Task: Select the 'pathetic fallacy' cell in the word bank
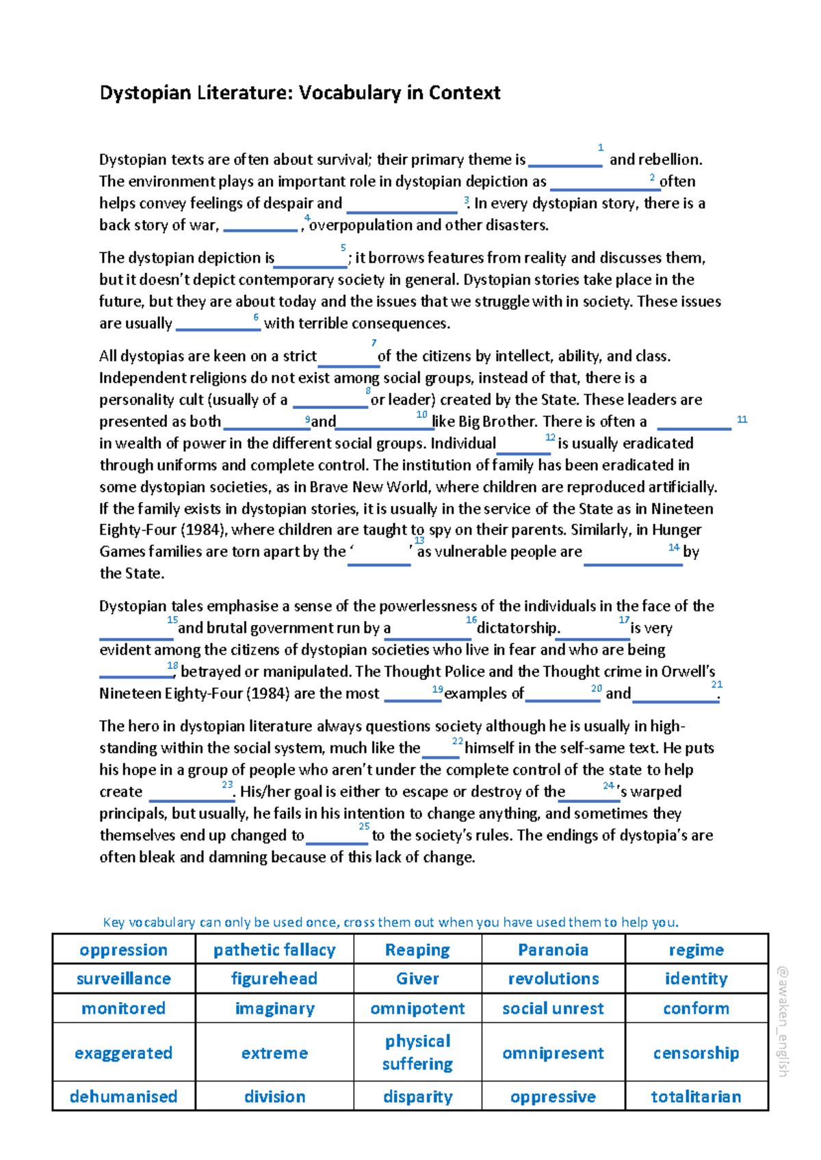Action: tap(274, 950)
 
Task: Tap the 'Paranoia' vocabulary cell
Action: tap(553, 950)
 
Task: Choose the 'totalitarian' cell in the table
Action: tap(696, 1097)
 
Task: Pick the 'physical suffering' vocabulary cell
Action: tap(417, 1053)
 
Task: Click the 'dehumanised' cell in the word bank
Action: tap(123, 1097)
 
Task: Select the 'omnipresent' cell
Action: tap(553, 1053)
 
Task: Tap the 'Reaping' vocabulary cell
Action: tap(417, 950)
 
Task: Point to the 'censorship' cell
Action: tap(696, 1053)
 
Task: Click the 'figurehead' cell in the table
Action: tap(274, 979)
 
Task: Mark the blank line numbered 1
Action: tap(565, 165)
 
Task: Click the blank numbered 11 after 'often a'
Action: tap(694, 428)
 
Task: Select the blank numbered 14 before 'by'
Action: tap(633, 564)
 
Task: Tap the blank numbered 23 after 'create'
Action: tap(192, 800)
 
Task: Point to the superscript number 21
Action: tap(716, 685)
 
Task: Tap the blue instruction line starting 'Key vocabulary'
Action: tap(391, 922)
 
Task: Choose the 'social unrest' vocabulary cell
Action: tap(553, 1009)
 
